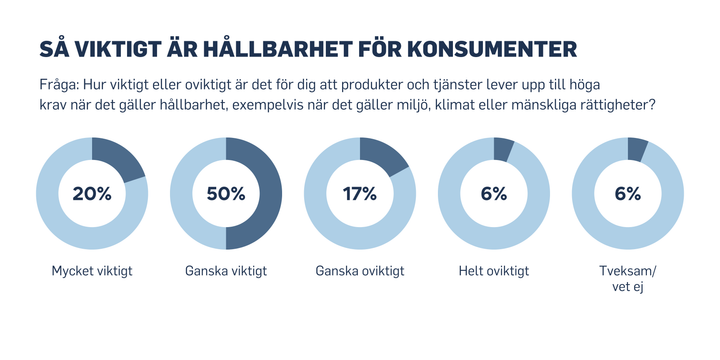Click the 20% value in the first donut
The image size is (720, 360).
click(x=92, y=194)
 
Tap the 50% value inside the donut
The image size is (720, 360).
click(x=226, y=194)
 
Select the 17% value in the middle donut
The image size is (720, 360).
click(x=360, y=194)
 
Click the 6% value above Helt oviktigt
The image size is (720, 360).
click(x=494, y=194)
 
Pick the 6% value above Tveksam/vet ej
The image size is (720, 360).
click(x=627, y=194)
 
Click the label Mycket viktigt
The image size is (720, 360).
click(x=92, y=270)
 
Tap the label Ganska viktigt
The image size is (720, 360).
click(x=226, y=270)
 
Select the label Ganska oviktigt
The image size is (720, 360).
click(x=360, y=270)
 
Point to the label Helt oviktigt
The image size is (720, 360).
click(x=494, y=270)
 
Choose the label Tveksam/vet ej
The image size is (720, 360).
click(x=627, y=277)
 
